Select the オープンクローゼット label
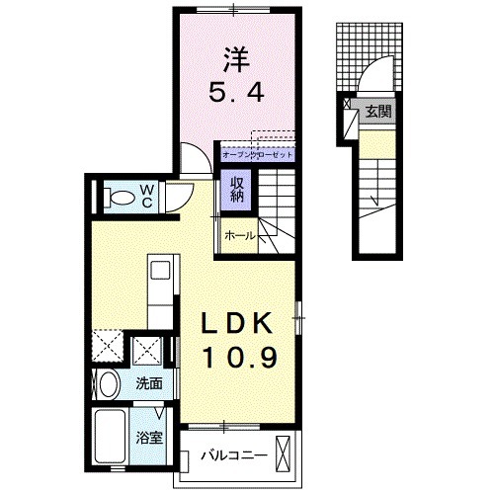tap(258, 155)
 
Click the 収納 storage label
tap(238, 189)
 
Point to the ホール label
tap(240, 235)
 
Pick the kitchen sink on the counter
tap(161, 269)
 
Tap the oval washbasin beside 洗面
tap(109, 384)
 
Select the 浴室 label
tap(150, 432)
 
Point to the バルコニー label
tap(233, 456)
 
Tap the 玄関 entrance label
tap(377, 112)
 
